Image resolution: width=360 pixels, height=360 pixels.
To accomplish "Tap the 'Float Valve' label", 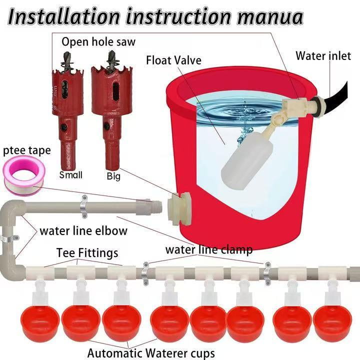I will point(173,60).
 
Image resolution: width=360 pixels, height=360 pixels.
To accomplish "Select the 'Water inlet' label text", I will point(323,55).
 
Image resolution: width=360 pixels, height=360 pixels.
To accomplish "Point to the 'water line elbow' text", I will point(83,231).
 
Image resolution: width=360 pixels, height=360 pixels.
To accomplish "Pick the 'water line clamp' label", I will point(208,249).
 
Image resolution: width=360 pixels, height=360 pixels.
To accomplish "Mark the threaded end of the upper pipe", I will point(158,206).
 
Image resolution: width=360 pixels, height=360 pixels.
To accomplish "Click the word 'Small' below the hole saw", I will point(70,175).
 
